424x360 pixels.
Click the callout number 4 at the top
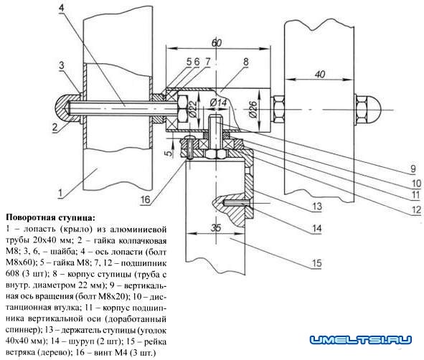pyautogui.click(x=62, y=8)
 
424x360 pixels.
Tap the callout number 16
pyautogui.click(x=145, y=200)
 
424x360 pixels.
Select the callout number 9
pyautogui.click(x=413, y=169)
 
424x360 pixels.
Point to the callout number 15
pyautogui.click(x=317, y=263)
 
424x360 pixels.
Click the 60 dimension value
pyautogui.click(x=217, y=43)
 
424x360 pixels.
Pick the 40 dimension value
pyautogui.click(x=320, y=74)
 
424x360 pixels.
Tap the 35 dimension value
pyautogui.click(x=216, y=228)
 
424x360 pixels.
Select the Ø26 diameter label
pyautogui.click(x=253, y=109)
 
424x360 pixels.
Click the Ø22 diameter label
pyautogui.click(x=193, y=110)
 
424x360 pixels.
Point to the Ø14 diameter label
pyautogui.click(x=218, y=103)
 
